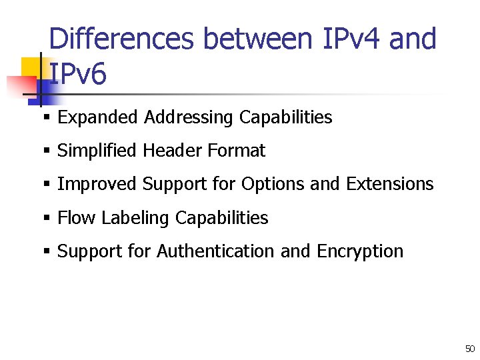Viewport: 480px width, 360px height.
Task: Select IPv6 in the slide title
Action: [x=78, y=75]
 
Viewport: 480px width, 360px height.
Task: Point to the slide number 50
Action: [x=470, y=349]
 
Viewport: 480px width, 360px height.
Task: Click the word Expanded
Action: [x=98, y=117]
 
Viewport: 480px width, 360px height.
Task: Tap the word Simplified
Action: [x=97, y=151]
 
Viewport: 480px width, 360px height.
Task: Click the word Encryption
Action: [x=360, y=251]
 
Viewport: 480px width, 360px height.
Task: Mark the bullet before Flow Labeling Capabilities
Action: [x=47, y=218]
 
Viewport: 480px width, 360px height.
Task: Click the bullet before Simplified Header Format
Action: [x=47, y=151]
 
